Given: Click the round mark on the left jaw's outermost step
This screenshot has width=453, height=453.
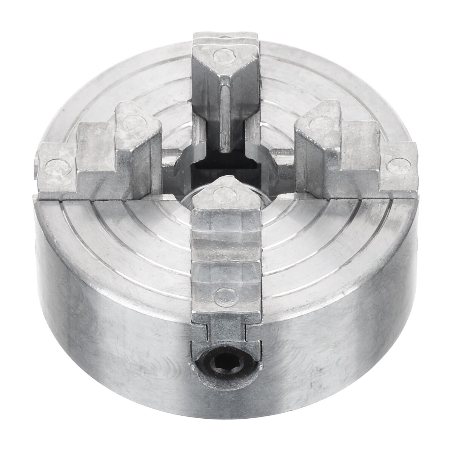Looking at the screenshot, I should coord(57,163).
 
